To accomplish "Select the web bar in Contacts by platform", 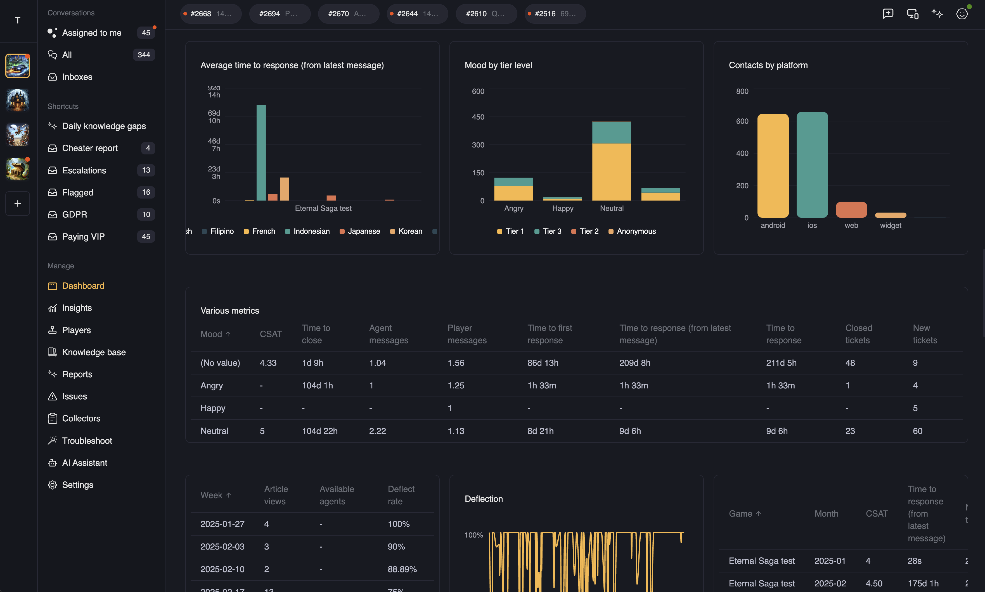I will click(851, 210).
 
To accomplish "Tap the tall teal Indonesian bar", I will click(261, 152).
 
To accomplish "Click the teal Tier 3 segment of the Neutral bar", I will click(611, 132).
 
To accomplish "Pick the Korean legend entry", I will click(406, 231).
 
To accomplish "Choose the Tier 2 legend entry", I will click(585, 231).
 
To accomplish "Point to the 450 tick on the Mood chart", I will click(478, 117).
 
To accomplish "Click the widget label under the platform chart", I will click(890, 225).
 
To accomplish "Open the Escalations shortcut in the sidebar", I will click(84, 170).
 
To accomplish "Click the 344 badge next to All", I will click(144, 55).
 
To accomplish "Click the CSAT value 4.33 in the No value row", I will click(268, 363).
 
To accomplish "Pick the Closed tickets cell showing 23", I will click(850, 431).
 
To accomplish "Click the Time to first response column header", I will click(550, 334).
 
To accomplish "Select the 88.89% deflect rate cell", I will click(402, 569).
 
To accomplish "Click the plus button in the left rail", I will click(18, 204).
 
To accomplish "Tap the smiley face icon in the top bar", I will click(962, 14).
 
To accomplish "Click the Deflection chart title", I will click(484, 499).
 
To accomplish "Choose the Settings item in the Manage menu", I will click(77, 485).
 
